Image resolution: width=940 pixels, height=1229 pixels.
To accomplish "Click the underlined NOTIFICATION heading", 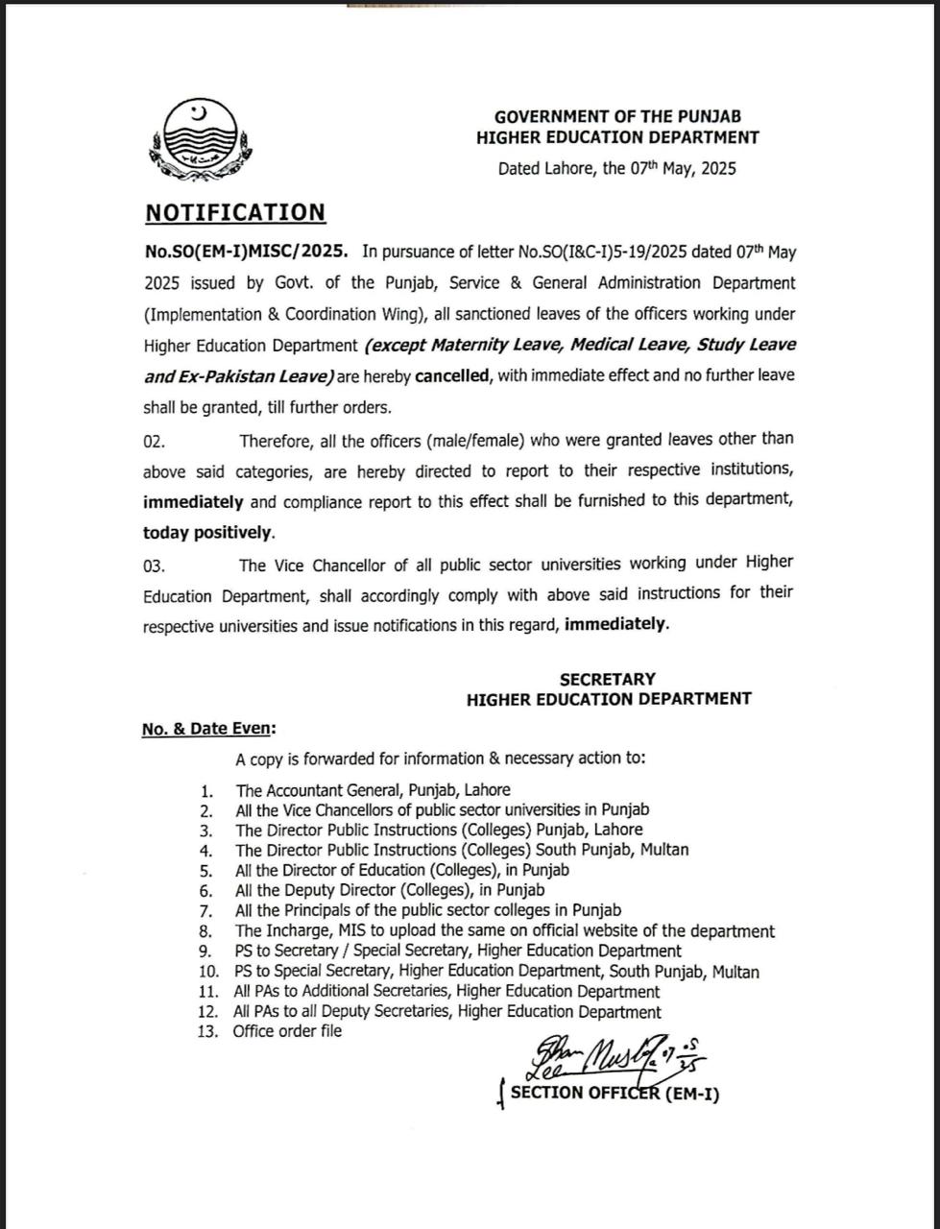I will [x=235, y=213].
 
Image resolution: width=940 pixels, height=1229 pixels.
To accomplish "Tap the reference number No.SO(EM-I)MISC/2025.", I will [x=246, y=252].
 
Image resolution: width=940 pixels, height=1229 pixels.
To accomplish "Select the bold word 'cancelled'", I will [x=452, y=376].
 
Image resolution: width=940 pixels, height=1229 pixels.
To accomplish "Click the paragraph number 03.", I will [x=154, y=566].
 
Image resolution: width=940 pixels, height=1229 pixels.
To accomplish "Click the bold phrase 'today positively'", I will [x=208, y=533].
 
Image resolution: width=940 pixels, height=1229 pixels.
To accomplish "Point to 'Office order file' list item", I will [x=287, y=1031].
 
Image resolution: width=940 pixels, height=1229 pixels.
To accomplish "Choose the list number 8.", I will [x=205, y=931].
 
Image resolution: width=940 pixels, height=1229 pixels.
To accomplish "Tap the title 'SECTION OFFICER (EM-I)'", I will [x=615, y=1093].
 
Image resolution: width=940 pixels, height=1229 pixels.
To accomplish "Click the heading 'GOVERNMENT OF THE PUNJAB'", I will [x=617, y=117].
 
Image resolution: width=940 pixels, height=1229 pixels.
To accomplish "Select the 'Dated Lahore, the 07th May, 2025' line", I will [x=616, y=169].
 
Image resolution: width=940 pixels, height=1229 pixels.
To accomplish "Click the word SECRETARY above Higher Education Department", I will [x=608, y=680].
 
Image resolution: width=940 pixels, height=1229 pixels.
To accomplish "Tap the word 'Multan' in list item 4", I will [x=663, y=850].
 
